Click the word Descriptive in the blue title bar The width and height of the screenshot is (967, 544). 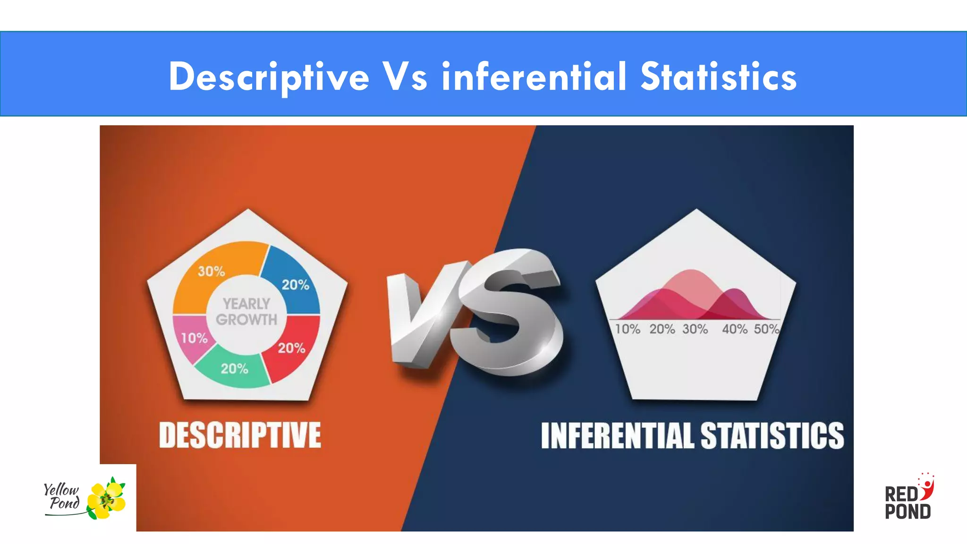coord(269,77)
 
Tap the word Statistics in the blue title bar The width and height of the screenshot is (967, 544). coord(718,77)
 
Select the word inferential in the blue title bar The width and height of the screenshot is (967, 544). coord(534,77)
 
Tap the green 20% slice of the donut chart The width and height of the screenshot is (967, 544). coord(234,369)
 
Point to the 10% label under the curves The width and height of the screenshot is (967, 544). coord(628,329)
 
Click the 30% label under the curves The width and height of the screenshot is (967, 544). coord(695,329)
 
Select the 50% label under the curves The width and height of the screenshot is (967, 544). coord(766,329)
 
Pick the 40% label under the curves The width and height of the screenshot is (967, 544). coord(735,329)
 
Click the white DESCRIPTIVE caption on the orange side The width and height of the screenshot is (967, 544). coord(240,435)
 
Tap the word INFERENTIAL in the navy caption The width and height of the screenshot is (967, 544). coord(618,435)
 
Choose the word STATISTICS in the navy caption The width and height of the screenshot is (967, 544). coord(772,435)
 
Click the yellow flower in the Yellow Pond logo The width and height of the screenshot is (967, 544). coord(107,499)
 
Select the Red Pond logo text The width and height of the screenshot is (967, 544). coord(907,503)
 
